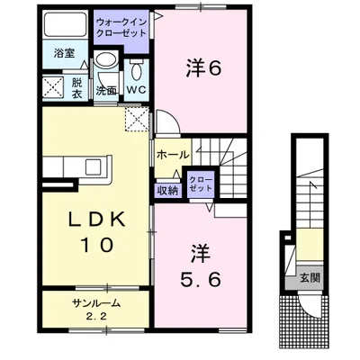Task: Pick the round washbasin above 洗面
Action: pos(106,64)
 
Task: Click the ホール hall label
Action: pos(172,155)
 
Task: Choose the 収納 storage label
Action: pos(167,189)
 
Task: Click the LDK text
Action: pos(93,220)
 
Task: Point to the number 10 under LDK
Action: pos(93,246)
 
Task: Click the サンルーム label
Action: pos(96,303)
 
